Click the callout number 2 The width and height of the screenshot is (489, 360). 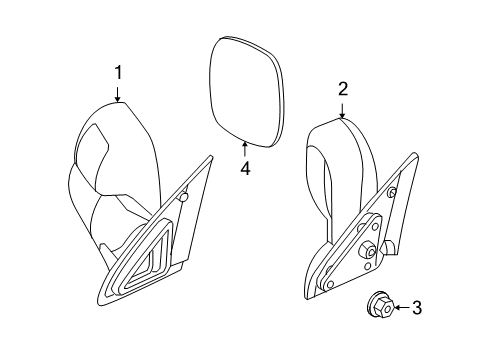342,89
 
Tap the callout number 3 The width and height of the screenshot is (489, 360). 417,308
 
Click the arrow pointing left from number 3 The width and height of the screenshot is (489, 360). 400,308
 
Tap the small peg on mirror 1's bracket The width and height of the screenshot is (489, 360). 185,198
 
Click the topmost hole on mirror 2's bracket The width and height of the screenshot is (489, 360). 392,192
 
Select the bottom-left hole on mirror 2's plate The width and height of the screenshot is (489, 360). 330,285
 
